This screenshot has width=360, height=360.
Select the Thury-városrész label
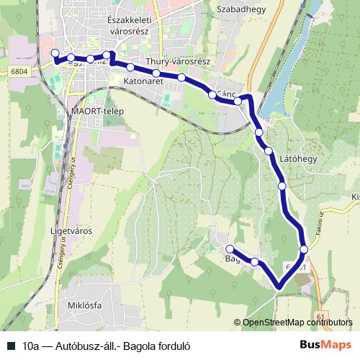click(177, 62)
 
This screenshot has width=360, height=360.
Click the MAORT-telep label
click(94, 112)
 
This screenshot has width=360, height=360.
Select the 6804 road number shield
click(19, 71)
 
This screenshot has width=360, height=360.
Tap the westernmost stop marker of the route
click(55, 53)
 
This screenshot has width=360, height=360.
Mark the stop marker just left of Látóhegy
click(268, 150)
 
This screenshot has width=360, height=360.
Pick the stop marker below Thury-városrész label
click(181, 77)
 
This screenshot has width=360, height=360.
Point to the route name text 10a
click(30, 344)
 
